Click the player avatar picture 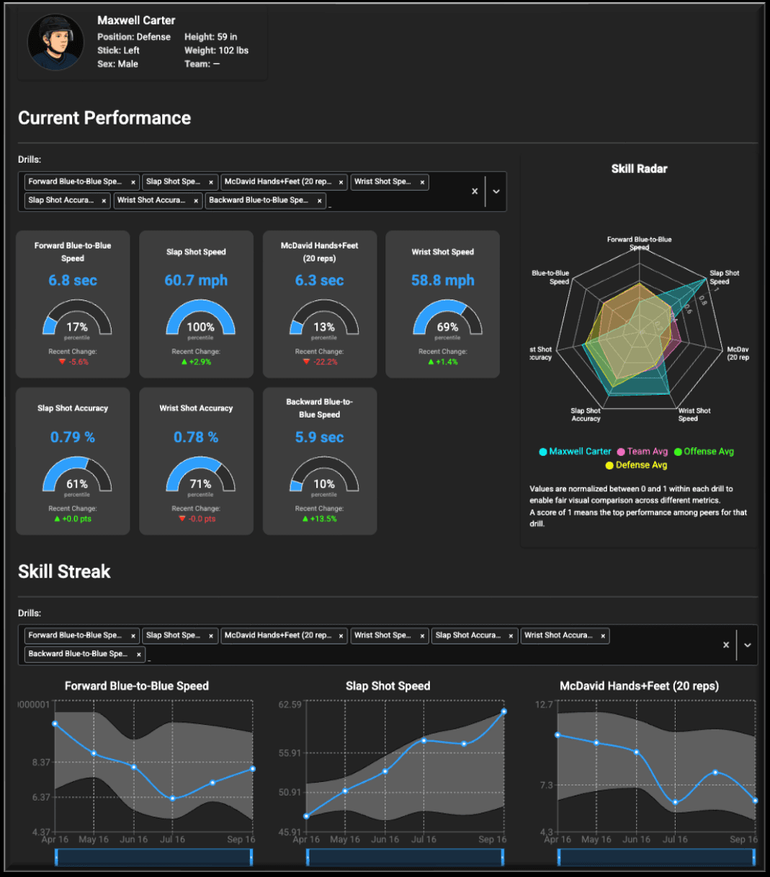[x=55, y=42]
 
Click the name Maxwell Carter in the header [x=136, y=20]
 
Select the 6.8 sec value [x=73, y=280]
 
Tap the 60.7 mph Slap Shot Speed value [x=196, y=280]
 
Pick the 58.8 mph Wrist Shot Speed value [x=442, y=280]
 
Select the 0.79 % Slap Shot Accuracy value [x=73, y=437]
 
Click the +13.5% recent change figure [x=319, y=518]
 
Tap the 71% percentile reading [x=200, y=484]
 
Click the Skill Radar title [x=639, y=168]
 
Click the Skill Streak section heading [x=64, y=572]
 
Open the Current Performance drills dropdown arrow [x=496, y=192]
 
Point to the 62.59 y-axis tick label [x=290, y=704]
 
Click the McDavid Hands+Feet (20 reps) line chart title [x=639, y=686]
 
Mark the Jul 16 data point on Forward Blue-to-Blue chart [x=173, y=799]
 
